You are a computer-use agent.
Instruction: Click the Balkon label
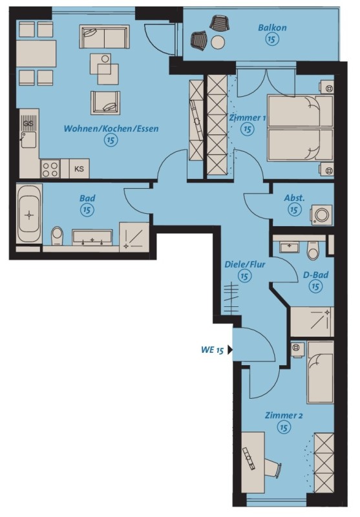pyautogui.click(x=272, y=28)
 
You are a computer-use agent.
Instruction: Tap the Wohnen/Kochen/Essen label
pyautogui.click(x=111, y=128)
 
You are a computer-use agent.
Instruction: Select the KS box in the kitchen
pyautogui.click(x=79, y=169)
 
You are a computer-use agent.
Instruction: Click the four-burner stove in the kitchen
pyautogui.click(x=50, y=169)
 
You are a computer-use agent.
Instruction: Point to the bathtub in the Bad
pyautogui.click(x=29, y=215)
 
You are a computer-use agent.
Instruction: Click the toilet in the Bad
pyautogui.click(x=58, y=236)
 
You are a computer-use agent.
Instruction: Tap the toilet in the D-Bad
pyautogui.click(x=313, y=251)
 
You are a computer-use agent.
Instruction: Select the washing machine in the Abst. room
pyautogui.click(x=321, y=215)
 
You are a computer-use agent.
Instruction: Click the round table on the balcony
pyautogui.click(x=218, y=42)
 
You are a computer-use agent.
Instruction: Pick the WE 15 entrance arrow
pyautogui.click(x=230, y=350)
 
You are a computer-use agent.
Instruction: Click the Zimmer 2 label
pyautogui.click(x=284, y=416)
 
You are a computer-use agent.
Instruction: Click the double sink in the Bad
pyautogui.click(x=92, y=237)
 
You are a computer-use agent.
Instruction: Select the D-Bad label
pyautogui.click(x=315, y=275)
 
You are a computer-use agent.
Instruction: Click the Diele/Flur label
pyautogui.click(x=244, y=264)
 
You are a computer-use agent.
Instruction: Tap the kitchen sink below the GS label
pyautogui.click(x=28, y=140)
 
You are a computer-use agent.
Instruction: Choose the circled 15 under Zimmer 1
pyautogui.click(x=248, y=129)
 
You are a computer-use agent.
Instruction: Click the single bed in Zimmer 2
pyautogui.click(x=320, y=373)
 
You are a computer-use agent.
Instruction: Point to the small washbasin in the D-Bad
pyautogui.click(x=289, y=247)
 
